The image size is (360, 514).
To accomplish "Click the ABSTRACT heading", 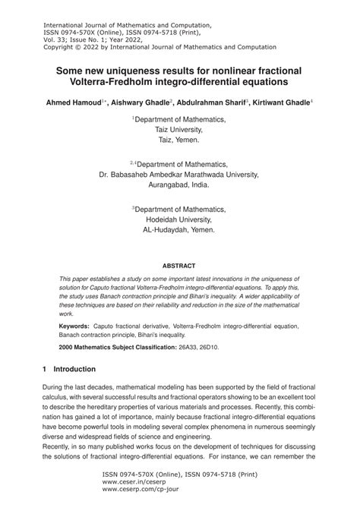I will point(180,266).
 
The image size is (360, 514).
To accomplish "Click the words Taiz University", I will point(180,130).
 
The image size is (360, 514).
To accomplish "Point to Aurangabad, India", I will point(180,184).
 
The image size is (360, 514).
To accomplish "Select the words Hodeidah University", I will point(180,216).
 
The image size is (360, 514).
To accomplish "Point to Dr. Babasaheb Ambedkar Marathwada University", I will point(180,173).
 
